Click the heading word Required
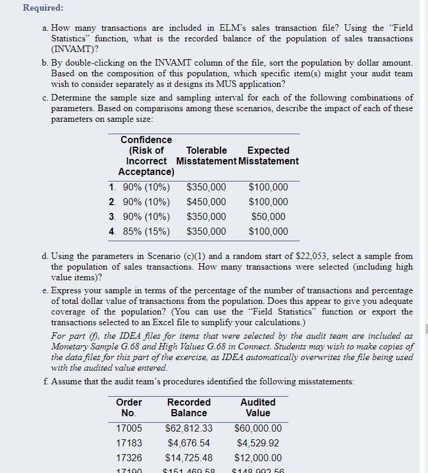43,8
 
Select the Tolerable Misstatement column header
206,155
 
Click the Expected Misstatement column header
268,155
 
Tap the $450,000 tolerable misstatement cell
206,202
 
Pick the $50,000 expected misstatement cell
268,217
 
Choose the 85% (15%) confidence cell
145,232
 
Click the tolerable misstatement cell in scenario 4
206,232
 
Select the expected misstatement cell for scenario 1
268,187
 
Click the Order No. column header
129,407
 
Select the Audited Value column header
258,407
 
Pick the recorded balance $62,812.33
189,428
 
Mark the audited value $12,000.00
258,458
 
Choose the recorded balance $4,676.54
189,443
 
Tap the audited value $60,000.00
258,428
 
